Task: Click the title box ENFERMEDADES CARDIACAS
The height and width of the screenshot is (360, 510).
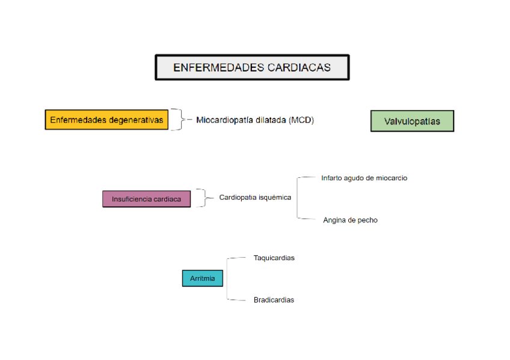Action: (x=252, y=67)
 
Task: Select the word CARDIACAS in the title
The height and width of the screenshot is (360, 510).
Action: (x=300, y=67)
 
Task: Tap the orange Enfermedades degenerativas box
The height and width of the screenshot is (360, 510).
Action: (x=106, y=120)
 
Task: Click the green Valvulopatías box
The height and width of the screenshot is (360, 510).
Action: (x=412, y=121)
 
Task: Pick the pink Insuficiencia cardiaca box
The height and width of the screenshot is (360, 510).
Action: (x=146, y=198)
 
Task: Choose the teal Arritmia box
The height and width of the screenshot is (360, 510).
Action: (x=202, y=278)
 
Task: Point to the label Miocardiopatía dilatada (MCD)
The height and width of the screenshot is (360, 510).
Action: (x=255, y=120)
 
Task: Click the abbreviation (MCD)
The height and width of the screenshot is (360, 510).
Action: (x=301, y=120)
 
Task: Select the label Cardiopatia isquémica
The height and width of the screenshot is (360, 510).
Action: (x=255, y=197)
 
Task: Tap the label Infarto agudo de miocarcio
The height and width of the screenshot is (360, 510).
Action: (x=364, y=178)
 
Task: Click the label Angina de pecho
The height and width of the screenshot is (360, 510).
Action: (x=350, y=220)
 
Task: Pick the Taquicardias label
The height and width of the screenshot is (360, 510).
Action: (x=274, y=258)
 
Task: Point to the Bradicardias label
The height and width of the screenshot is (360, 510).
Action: (x=274, y=300)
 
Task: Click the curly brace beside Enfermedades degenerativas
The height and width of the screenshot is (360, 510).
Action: (x=176, y=120)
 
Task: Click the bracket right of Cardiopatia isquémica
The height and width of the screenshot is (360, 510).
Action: (x=299, y=198)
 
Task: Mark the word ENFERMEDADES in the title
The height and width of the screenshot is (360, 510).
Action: (x=211, y=67)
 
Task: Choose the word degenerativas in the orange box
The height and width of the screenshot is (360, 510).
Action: (x=136, y=120)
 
